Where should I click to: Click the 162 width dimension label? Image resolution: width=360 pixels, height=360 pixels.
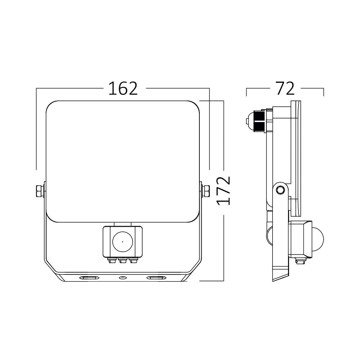123,89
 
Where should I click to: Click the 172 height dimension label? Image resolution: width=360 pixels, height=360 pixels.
224,190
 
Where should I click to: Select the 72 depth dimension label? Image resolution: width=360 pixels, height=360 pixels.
285,88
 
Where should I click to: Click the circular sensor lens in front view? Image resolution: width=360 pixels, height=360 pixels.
122,242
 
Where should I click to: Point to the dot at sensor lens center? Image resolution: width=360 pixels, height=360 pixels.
122,242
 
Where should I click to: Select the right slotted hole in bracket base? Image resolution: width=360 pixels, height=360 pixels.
156,278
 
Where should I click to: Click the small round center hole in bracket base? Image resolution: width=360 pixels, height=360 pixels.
123,278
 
